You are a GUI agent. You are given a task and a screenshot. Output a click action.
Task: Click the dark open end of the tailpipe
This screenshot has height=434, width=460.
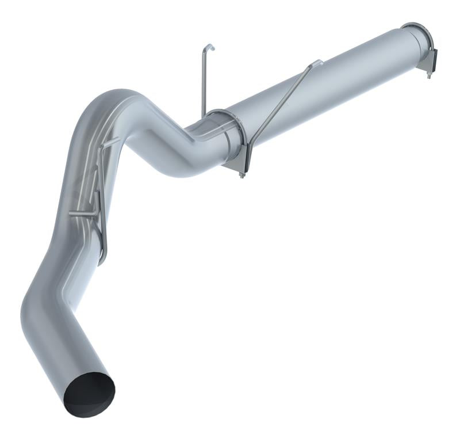point(89,394)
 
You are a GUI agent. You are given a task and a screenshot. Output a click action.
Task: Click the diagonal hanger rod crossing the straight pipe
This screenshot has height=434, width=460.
point(282,104)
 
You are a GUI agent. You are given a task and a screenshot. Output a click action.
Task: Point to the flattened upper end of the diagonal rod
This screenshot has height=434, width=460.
point(317,62)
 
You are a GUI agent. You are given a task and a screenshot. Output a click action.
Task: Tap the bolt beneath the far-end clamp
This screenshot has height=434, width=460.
point(428,74)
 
